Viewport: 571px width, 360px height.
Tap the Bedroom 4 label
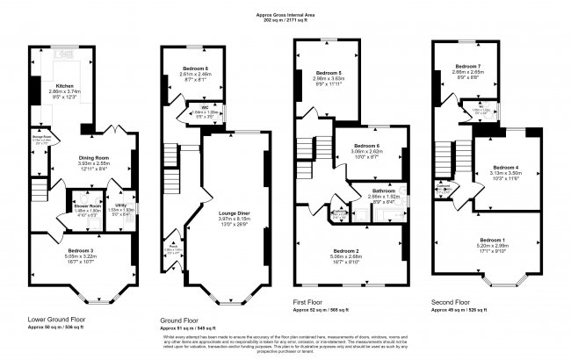coord(505,167)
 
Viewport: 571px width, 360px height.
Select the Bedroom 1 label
coord(492,240)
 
